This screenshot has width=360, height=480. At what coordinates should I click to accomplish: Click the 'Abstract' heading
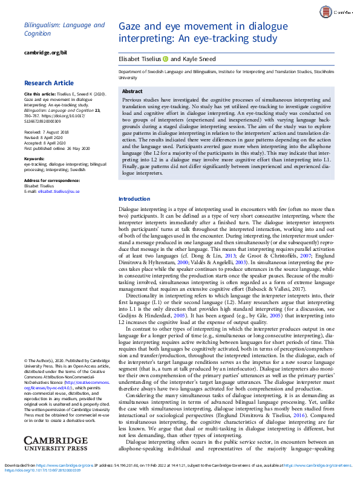[x=132, y=91]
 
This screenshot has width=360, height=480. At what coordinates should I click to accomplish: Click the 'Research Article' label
[x=50, y=83]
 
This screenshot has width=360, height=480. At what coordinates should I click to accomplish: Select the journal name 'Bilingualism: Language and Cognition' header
[x=64, y=29]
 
